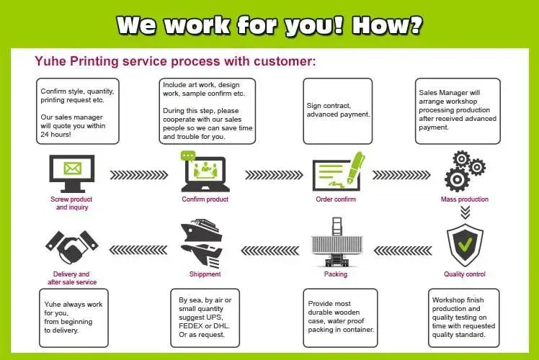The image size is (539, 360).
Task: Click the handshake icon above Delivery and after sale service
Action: tap(71, 247)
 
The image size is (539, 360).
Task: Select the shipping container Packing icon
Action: tap(336, 243)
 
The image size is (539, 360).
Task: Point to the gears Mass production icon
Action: tap(463, 170)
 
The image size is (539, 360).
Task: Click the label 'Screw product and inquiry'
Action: tap(71, 203)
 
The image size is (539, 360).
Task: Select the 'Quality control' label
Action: tap(464, 274)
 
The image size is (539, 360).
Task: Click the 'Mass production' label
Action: tap(464, 199)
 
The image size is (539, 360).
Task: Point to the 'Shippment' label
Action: tap(205, 274)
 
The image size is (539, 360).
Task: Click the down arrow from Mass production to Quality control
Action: tap(465, 212)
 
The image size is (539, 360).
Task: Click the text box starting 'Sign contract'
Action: tap(338, 110)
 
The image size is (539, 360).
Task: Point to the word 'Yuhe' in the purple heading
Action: tap(50, 61)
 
